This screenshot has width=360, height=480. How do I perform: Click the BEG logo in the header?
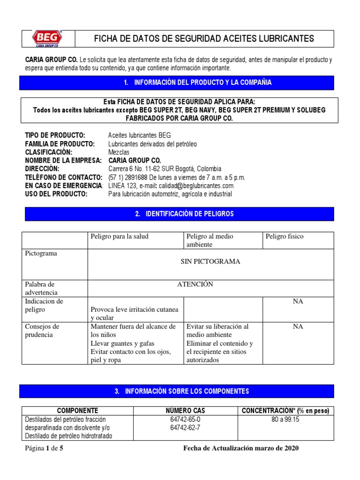pyautogui.click(x=47, y=39)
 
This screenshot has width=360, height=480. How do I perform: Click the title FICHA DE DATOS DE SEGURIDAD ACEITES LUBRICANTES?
pyautogui.click(x=204, y=39)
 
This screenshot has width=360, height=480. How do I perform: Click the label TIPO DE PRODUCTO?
pyautogui.click(x=55, y=135)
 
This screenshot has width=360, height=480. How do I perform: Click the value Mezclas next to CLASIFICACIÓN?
pyautogui.click(x=120, y=152)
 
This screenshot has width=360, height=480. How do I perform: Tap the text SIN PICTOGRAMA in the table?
pyautogui.click(x=210, y=262)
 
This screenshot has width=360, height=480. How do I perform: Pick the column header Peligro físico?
pyautogui.click(x=285, y=236)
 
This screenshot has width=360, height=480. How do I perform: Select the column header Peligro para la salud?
pyautogui.click(x=120, y=236)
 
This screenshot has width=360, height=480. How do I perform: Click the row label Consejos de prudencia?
pyautogui.click(x=42, y=330)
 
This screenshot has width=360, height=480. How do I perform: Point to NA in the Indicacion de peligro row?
pyautogui.click(x=298, y=301)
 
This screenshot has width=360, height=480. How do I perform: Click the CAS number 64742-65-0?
pyautogui.click(x=185, y=420)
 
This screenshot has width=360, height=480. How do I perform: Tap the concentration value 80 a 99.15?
pyautogui.click(x=285, y=420)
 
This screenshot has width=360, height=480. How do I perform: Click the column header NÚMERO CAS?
pyautogui.click(x=185, y=411)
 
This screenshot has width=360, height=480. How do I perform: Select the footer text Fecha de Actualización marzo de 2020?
pyautogui.click(x=240, y=448)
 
